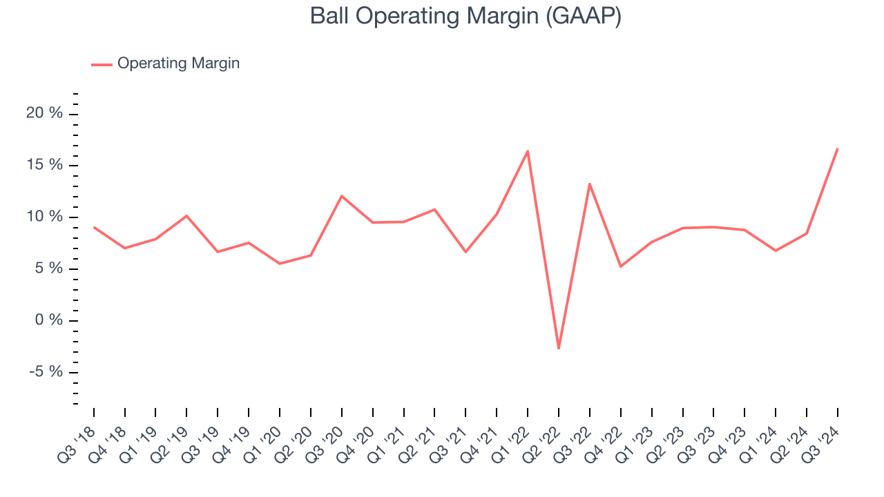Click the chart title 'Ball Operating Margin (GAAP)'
tap(465, 17)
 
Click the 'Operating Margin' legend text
tap(178, 64)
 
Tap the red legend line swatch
tap(102, 64)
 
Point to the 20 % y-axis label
tap(44, 113)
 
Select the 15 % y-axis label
tap(44, 165)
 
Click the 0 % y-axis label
tap(48, 320)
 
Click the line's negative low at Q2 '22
tap(558, 349)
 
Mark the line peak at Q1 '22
tap(528, 151)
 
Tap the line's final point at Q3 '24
tap(837, 148)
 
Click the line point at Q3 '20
tap(341, 196)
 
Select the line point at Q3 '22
tap(589, 184)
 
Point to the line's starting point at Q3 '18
tap(94, 227)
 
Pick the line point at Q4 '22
tap(620, 266)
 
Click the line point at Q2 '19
tap(186, 216)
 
